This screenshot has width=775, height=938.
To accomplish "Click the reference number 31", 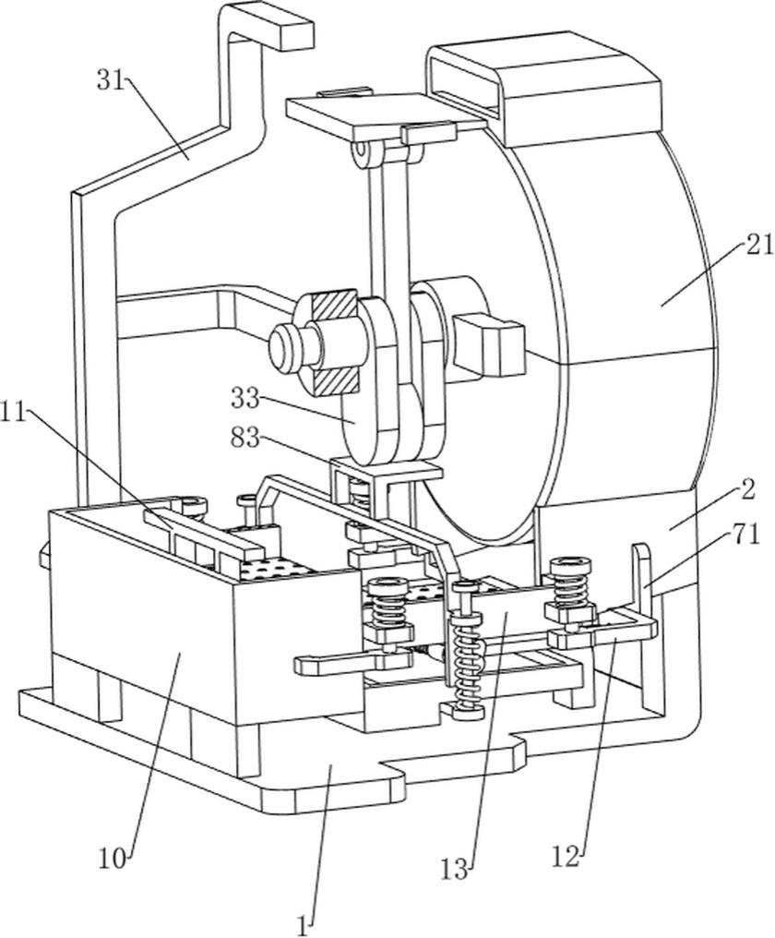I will (110, 79).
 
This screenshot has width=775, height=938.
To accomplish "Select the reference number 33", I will (245, 400).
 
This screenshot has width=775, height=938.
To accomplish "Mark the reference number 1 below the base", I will (304, 920).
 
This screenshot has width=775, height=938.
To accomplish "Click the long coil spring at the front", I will (468, 660).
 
